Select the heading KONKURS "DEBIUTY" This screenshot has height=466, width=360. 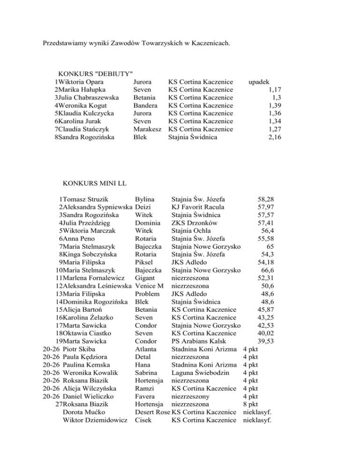pos(95,74)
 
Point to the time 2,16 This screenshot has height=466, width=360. pos(276,137)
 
